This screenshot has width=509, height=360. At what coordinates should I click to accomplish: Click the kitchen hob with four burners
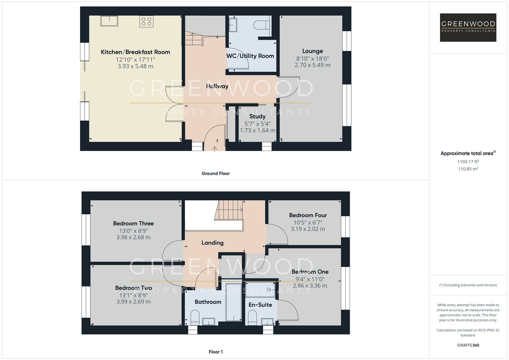(x=146, y=22)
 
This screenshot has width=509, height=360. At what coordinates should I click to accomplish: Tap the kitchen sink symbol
(x=109, y=21)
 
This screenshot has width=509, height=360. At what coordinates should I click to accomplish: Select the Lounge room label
(x=312, y=51)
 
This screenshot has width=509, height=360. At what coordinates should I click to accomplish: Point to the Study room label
(x=257, y=116)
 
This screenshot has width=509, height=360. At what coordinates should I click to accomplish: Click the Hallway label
(x=217, y=86)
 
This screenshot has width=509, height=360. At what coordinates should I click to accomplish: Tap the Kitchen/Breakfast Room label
(x=135, y=52)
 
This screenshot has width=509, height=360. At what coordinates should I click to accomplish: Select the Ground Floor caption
(x=215, y=173)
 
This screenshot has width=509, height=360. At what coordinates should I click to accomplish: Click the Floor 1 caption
(x=215, y=352)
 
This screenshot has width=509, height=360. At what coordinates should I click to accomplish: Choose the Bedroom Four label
(x=308, y=215)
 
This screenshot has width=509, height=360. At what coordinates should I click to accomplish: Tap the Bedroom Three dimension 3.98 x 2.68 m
(x=133, y=237)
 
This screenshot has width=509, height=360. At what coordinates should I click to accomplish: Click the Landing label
(x=212, y=243)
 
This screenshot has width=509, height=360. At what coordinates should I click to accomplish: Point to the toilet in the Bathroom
(x=195, y=317)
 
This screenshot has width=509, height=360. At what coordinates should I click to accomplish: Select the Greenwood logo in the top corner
(x=468, y=27)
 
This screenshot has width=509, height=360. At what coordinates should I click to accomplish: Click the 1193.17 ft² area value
(x=468, y=162)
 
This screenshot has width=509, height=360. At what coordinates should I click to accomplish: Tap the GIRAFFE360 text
(x=468, y=345)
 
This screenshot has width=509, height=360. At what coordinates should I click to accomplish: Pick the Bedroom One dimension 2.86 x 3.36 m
(x=310, y=286)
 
